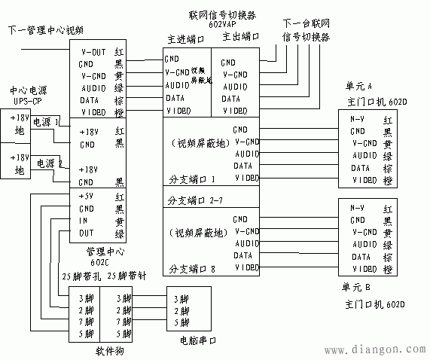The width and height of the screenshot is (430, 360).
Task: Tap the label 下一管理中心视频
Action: [45, 30]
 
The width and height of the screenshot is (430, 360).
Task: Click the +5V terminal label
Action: [87, 197]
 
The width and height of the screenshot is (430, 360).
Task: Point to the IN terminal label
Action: [84, 221]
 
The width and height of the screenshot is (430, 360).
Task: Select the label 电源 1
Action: [46, 121]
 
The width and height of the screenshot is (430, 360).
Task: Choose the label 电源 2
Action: [46, 163]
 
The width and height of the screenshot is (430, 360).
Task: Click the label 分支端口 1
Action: [192, 179]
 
